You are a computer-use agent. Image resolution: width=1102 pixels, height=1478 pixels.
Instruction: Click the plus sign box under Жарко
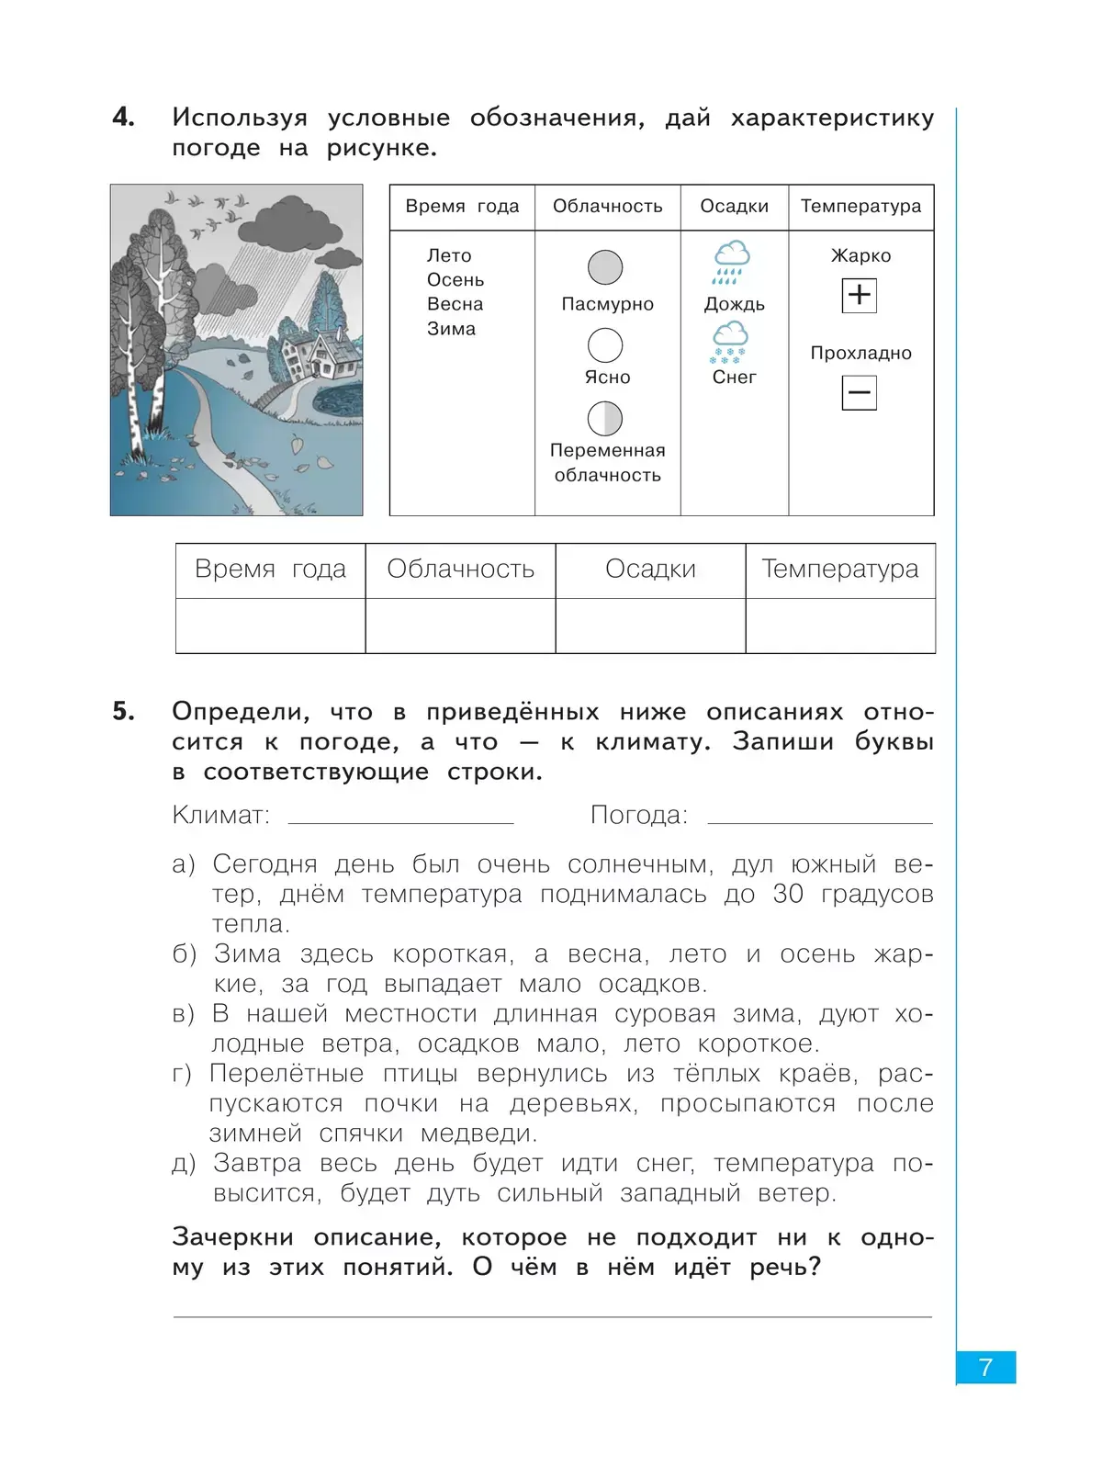(859, 295)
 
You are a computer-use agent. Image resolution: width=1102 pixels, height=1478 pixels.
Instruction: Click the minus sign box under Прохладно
(859, 393)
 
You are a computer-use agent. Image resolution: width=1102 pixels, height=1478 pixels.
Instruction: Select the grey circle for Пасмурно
(605, 267)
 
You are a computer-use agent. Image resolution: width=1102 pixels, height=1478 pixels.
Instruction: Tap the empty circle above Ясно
(605, 345)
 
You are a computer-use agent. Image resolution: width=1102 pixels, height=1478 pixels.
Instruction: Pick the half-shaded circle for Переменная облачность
(605, 419)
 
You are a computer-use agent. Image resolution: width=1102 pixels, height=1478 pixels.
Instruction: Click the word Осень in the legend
(455, 280)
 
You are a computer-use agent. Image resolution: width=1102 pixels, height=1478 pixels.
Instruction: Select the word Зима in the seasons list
(451, 329)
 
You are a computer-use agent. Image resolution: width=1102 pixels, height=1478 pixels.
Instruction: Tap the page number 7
(985, 1368)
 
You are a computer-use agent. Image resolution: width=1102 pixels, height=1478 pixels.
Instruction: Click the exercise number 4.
(123, 117)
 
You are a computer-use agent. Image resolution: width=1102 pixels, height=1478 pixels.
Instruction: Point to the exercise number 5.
(123, 711)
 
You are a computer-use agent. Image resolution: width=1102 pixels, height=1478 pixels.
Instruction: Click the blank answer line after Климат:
(400, 816)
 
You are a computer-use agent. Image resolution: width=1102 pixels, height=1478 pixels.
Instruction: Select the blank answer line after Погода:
(819, 816)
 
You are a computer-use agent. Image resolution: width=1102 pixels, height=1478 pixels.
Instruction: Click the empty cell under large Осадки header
(650, 626)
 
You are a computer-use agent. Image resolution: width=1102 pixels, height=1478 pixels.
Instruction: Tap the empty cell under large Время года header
(270, 626)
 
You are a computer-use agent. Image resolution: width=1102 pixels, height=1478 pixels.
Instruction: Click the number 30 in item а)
(788, 894)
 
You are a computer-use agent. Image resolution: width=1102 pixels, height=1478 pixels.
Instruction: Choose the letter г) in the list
(182, 1074)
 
